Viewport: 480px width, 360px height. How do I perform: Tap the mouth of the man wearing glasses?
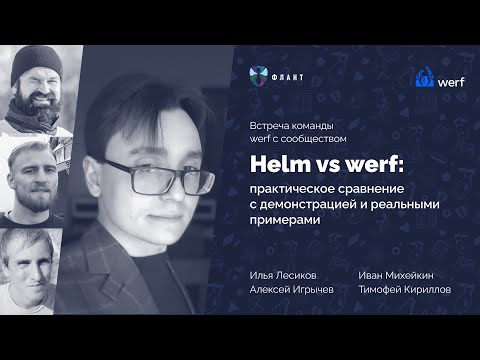[163, 212]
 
